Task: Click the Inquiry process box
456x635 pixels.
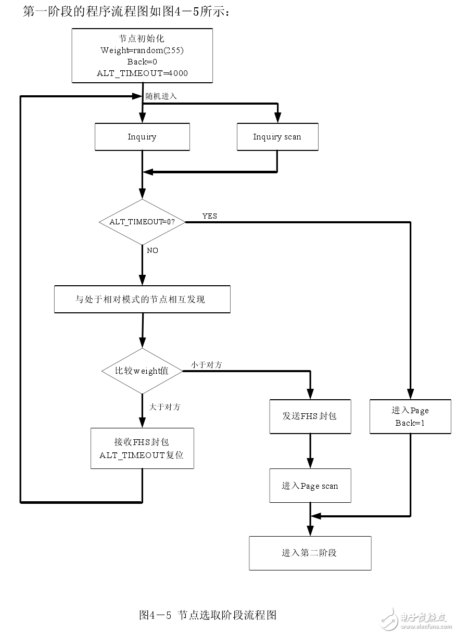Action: coord(142,137)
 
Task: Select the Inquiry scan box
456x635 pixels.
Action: coord(277,137)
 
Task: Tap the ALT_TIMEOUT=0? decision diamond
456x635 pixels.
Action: coord(142,222)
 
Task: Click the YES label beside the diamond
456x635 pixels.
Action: coord(209,216)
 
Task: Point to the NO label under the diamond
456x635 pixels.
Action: coord(153,250)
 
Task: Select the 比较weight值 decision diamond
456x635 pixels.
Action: coord(142,371)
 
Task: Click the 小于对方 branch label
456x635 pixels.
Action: coord(206,365)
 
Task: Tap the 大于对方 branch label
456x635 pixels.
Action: coord(165,407)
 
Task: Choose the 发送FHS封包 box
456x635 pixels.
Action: coord(310,416)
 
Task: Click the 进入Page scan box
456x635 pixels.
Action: coord(310,486)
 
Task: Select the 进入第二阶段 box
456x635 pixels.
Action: coord(310,553)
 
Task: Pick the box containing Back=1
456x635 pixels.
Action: coord(410,416)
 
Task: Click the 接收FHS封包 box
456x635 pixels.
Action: coord(142,448)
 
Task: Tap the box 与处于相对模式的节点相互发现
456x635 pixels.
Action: coord(142,299)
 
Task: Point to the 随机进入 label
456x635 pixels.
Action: coord(161,96)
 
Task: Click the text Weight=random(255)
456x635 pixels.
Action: coord(142,50)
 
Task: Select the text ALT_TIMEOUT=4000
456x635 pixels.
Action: coord(142,73)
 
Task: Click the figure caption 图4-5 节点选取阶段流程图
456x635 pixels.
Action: coord(208,615)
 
